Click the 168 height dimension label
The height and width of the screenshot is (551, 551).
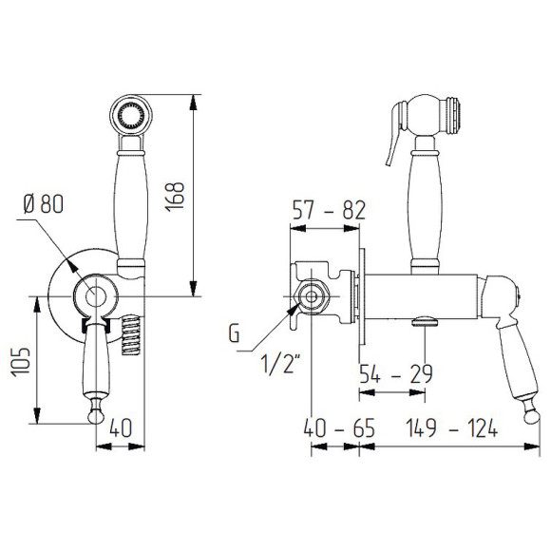point(176,197)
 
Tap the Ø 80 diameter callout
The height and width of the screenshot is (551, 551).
point(44,204)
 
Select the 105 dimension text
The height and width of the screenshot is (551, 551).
point(20,362)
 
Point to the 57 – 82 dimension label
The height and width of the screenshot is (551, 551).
point(329,210)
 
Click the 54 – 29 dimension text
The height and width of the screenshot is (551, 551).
point(396,374)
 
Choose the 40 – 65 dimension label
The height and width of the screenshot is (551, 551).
point(339,428)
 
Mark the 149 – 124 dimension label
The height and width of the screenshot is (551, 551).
point(451,428)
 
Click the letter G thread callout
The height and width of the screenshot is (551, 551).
point(234,332)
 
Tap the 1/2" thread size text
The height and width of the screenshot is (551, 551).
point(280,364)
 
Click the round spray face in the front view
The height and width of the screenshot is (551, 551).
point(131,115)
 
